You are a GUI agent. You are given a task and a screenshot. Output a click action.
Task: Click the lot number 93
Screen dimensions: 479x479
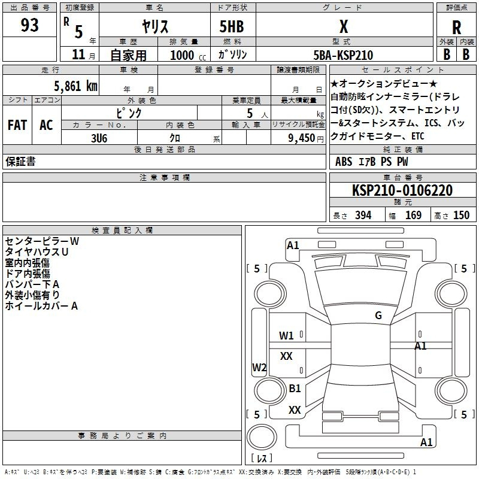point(29,25)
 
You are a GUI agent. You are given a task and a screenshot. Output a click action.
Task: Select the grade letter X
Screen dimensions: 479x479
point(344,26)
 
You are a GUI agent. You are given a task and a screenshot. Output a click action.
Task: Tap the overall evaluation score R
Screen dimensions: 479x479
point(456,28)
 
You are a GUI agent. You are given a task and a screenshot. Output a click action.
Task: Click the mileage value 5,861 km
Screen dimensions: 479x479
point(75,86)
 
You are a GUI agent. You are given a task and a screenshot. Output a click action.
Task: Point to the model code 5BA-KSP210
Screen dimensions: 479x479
point(343,55)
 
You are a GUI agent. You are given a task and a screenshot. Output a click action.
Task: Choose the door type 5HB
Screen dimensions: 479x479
point(232,26)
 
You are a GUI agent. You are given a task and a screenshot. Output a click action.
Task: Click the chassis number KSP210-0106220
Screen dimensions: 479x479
point(402,190)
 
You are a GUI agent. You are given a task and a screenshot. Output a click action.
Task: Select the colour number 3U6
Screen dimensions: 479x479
point(99,138)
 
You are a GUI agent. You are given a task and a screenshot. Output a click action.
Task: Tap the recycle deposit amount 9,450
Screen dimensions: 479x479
point(301,138)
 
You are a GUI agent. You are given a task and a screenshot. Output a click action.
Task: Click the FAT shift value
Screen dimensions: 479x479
point(17,125)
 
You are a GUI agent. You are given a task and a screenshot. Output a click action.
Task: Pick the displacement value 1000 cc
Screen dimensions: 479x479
point(188,55)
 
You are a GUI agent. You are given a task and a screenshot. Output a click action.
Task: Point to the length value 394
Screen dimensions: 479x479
point(363,215)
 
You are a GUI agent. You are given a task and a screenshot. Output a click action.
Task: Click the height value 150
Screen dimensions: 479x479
point(461,215)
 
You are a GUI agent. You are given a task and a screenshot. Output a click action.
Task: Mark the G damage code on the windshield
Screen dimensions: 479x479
point(378,315)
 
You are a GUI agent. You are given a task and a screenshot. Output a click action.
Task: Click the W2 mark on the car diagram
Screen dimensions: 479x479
point(259,367)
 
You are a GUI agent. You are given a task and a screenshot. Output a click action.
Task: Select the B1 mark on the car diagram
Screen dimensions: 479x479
point(295,388)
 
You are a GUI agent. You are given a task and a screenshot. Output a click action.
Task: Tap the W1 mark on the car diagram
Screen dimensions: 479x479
point(286,336)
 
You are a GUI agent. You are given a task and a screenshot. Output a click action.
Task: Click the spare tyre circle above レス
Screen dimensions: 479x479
point(262,437)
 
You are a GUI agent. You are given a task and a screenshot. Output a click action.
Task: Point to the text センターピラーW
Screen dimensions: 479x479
point(42,241)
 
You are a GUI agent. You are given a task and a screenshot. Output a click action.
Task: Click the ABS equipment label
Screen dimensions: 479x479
point(344,162)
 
